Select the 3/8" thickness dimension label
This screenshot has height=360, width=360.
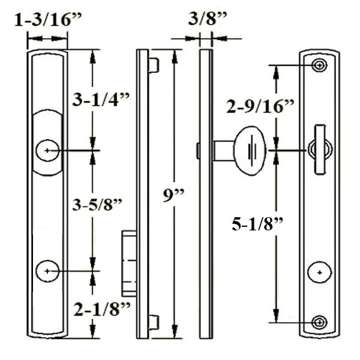[x=206, y=20]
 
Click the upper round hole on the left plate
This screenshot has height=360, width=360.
[x=47, y=150]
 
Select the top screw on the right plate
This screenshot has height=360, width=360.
[x=320, y=65]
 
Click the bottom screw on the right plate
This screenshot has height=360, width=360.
[x=320, y=322]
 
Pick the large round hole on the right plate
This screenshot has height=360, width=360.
[x=320, y=272]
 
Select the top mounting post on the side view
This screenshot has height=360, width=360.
[x=153, y=64]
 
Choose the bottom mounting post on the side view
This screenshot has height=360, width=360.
[x=153, y=322]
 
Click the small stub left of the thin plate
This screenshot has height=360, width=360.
[x=197, y=151]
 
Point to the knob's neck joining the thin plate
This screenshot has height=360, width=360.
[x=223, y=150]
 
